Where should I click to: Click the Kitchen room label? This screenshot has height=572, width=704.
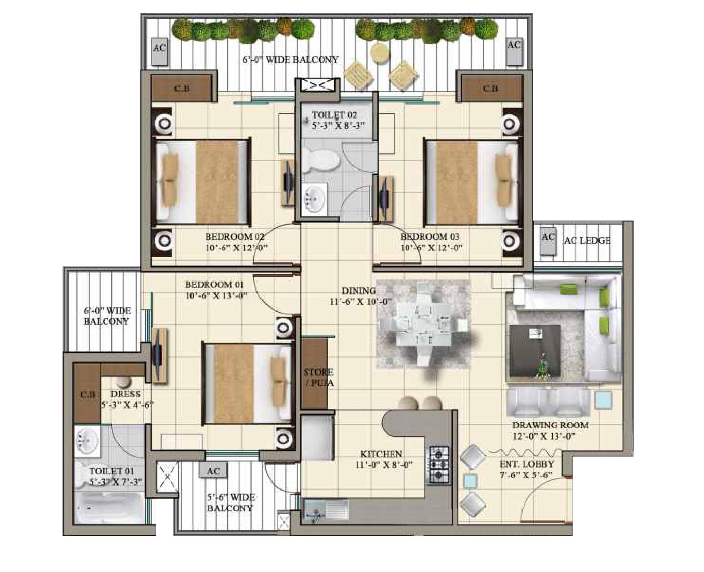[381, 454]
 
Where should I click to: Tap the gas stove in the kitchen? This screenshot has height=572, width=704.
[439, 465]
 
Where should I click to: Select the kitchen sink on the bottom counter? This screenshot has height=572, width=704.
[326, 511]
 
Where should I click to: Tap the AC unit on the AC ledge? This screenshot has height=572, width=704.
[548, 241]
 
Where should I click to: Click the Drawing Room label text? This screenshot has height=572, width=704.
[550, 425]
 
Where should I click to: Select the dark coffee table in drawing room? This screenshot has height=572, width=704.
[535, 350]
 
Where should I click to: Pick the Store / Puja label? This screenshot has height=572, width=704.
[318, 378]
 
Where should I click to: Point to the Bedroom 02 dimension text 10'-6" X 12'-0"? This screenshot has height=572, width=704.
[236, 248]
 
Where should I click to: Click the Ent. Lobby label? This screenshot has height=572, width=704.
[527, 464]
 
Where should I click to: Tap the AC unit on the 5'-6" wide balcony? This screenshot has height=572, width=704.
[213, 471]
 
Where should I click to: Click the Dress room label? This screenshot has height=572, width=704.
[125, 394]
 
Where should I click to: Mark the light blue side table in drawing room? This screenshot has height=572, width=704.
[603, 400]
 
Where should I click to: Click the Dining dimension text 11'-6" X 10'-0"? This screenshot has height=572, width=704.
[360, 302]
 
